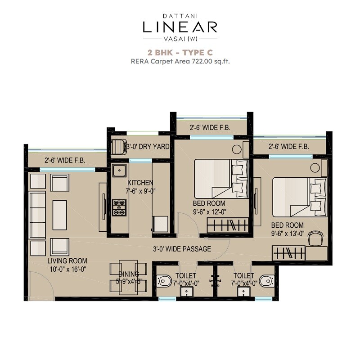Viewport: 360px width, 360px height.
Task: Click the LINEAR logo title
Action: click(180, 27)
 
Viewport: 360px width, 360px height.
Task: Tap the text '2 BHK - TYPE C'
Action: click(180, 53)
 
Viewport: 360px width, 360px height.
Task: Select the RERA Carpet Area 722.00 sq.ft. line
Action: click(180, 62)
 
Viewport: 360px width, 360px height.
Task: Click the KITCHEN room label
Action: click(140, 183)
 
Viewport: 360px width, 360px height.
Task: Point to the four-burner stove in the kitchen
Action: click(119, 207)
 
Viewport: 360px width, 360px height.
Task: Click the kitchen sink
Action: click(119, 171)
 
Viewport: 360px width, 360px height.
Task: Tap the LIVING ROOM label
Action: click(67, 261)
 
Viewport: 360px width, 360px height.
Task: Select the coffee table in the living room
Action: click(59, 215)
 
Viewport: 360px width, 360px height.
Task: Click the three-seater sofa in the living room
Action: click(37, 215)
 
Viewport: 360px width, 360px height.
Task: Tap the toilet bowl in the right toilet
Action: click(266, 281)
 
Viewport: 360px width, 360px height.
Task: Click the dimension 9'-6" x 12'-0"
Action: click(209, 211)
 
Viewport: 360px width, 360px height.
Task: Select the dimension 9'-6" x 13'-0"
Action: click(287, 233)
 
